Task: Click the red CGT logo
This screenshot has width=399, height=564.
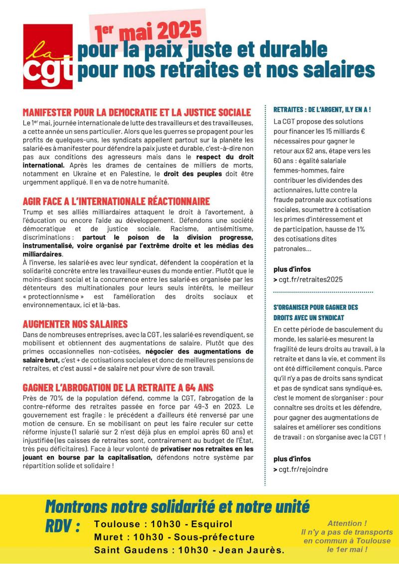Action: [x=48, y=57]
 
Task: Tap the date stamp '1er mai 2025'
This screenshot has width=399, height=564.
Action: [x=148, y=32]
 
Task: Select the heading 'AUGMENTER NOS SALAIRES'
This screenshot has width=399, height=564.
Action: [x=75, y=324]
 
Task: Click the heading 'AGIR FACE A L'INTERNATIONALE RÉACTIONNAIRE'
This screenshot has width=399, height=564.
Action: [x=116, y=201]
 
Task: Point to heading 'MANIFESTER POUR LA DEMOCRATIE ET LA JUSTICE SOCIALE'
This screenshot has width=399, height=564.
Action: [x=137, y=113]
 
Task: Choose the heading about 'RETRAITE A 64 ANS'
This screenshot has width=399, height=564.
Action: [x=118, y=387]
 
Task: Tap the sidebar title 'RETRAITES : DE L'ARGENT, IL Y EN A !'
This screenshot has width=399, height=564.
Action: [x=322, y=109]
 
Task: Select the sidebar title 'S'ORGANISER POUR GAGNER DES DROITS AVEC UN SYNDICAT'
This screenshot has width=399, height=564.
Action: [x=316, y=312]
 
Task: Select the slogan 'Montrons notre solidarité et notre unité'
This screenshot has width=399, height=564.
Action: [x=177, y=506]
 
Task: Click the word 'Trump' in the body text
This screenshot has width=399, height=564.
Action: [x=32, y=211]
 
